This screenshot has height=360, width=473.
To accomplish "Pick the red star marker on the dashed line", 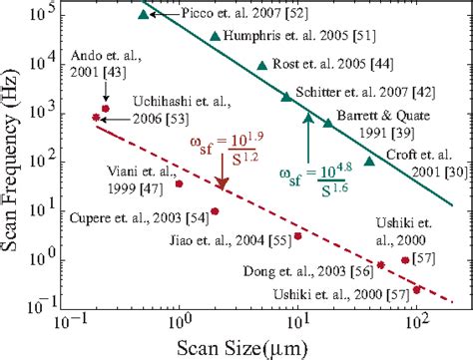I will [96, 118].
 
